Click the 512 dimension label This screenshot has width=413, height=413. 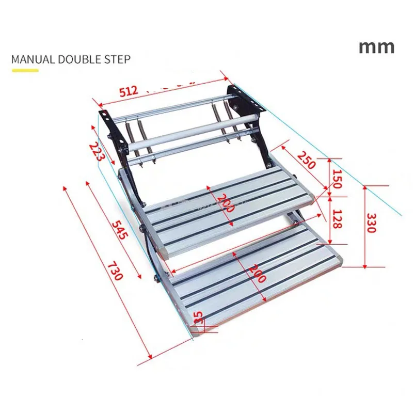[x=129, y=91]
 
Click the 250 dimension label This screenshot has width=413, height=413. [x=306, y=161]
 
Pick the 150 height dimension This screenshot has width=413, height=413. [x=337, y=179]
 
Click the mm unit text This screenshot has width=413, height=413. [x=376, y=46]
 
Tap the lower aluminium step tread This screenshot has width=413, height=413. [x=258, y=279]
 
